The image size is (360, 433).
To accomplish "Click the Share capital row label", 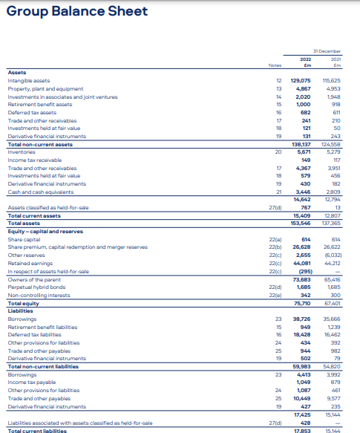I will [x=23, y=219].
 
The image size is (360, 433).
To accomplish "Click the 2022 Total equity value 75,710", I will [x=301, y=282].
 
